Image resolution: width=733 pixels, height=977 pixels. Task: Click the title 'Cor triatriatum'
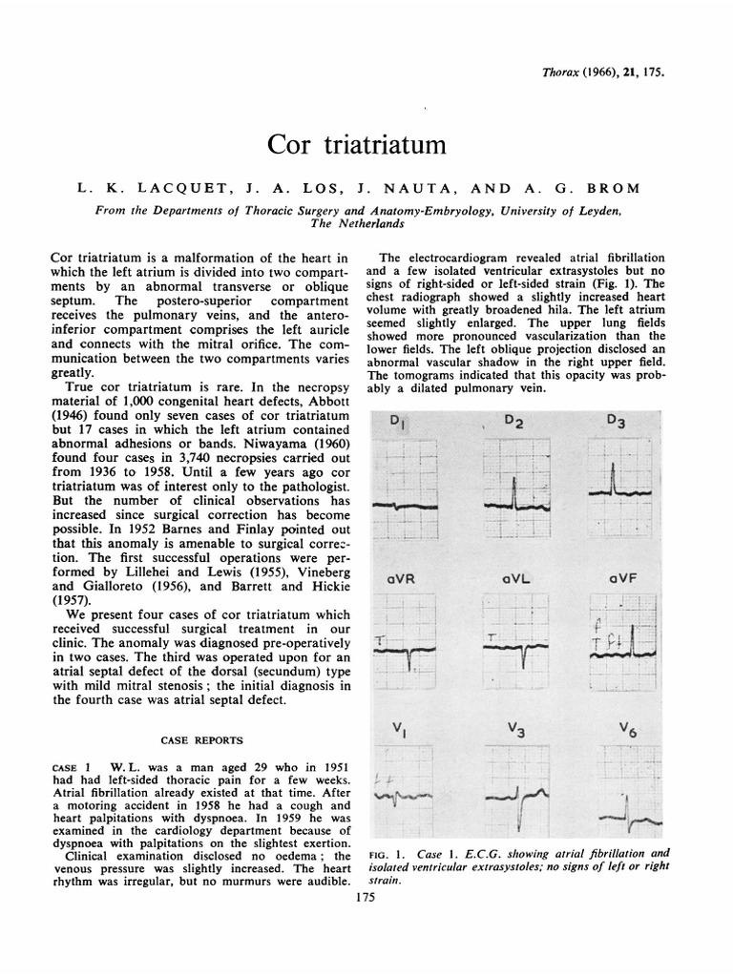[x=356, y=145]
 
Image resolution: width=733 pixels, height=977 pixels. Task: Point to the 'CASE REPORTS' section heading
[x=201, y=739]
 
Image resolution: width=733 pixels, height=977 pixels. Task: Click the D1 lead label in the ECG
[x=398, y=423]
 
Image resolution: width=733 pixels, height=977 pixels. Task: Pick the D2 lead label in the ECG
[x=513, y=422]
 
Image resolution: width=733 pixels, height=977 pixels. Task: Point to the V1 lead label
[x=400, y=730]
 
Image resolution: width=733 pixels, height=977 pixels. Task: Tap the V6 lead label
[x=626, y=730]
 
